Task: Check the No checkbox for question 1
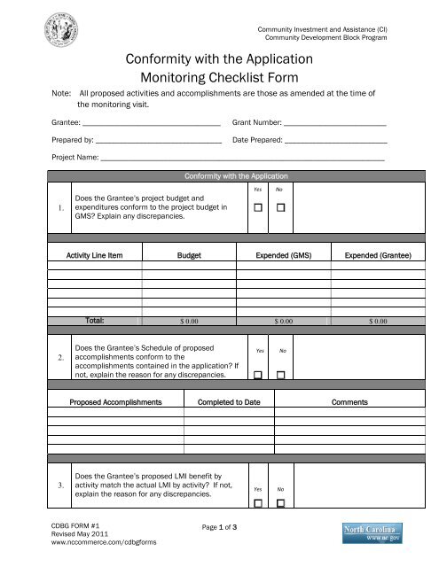tap(279, 208)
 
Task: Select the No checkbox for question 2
tap(279, 375)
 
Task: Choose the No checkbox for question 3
tap(279, 503)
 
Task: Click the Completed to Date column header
tap(229, 401)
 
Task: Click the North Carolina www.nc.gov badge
tap(374, 534)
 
